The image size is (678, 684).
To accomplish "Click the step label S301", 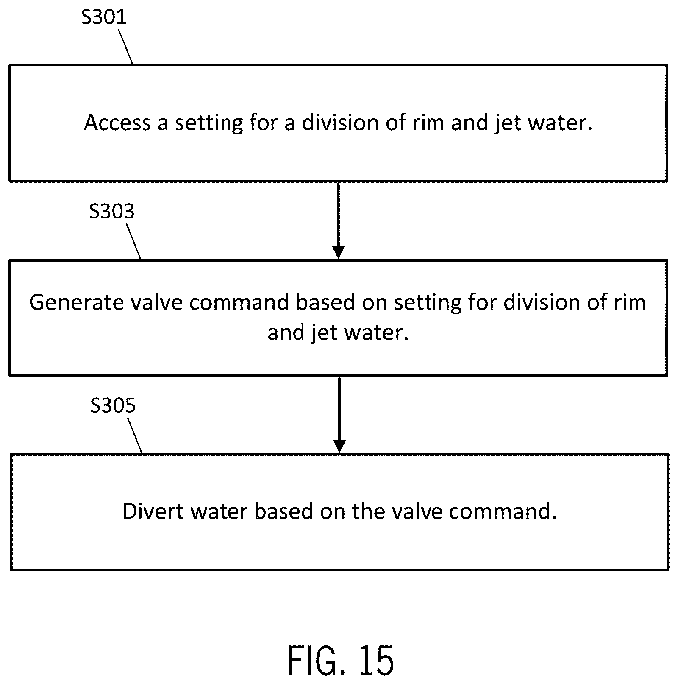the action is [104, 17].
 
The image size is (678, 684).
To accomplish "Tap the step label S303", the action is [112, 211].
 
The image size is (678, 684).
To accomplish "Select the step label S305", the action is [113, 405].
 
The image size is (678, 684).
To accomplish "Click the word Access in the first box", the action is [118, 123].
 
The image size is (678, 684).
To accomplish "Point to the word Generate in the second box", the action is [75, 303].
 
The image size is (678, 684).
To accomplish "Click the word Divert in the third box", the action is [153, 511].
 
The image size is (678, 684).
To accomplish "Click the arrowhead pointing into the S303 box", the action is [338, 252].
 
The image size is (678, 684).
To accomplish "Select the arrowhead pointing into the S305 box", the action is [339, 447].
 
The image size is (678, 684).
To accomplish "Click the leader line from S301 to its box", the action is [125, 47].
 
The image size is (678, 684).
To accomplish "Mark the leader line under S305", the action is [135, 436].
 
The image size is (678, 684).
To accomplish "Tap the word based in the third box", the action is [284, 511].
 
